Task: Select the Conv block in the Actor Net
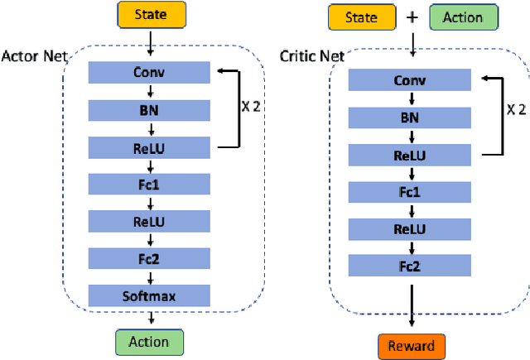pyautogui.click(x=149, y=72)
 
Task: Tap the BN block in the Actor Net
pyautogui.click(x=149, y=108)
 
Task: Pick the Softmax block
pyautogui.click(x=149, y=295)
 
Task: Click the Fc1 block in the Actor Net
pyautogui.click(x=149, y=184)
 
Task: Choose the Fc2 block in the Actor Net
pyautogui.click(x=149, y=258)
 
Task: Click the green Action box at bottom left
pyautogui.click(x=149, y=342)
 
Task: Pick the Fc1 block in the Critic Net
pyautogui.click(x=408, y=192)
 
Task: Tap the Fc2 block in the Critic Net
pyautogui.click(x=408, y=266)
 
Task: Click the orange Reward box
pyautogui.click(x=412, y=344)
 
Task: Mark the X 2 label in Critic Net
pyautogui.click(x=516, y=109)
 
